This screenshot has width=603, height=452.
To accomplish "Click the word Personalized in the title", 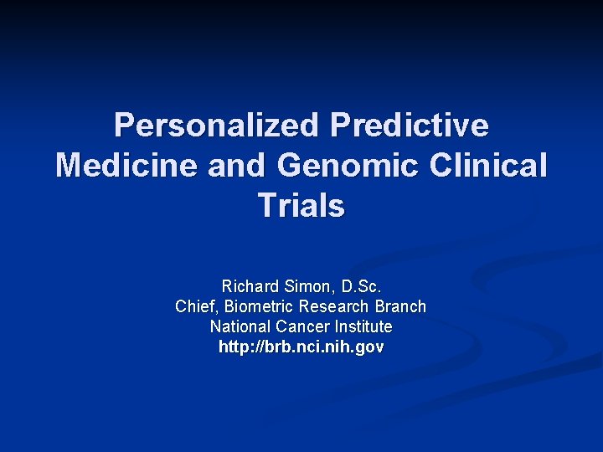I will pos(216,126).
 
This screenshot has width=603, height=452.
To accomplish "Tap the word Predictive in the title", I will pos(410,126).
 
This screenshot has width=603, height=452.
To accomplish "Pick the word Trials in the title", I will pos(301,205).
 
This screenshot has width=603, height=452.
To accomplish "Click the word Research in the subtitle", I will pos(333,306).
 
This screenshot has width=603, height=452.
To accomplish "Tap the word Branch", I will pos(398,306).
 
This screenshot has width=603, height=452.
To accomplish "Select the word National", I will pos(239,326).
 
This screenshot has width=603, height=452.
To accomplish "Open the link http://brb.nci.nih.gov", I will pos(301,347).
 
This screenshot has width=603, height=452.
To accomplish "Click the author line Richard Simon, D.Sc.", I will pos(301,286).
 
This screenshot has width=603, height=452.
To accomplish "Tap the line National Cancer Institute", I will pos(301,326).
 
